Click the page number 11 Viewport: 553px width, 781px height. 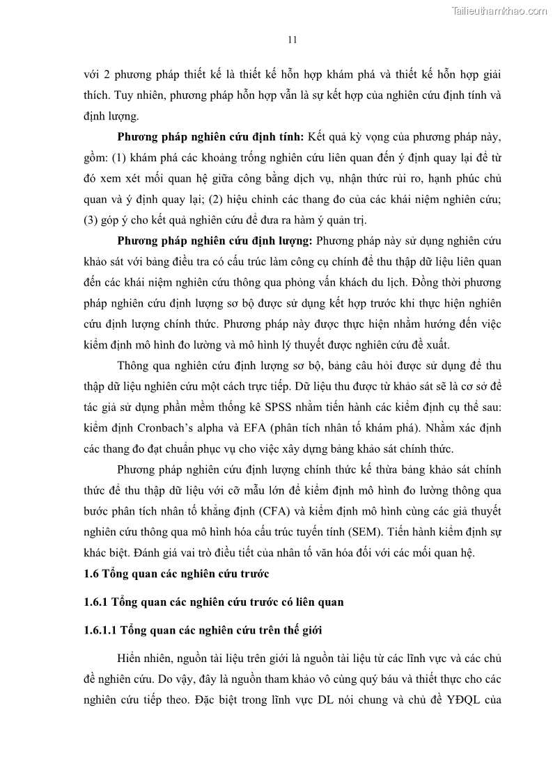(293, 40)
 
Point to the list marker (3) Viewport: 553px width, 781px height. (91, 221)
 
